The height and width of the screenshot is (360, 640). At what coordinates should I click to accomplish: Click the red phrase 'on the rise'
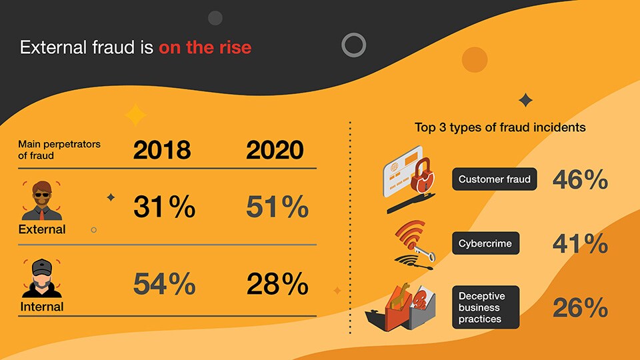coord(205,48)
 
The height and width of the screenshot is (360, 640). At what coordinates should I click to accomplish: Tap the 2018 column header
coord(161,150)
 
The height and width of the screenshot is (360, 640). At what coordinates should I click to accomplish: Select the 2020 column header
coord(275,150)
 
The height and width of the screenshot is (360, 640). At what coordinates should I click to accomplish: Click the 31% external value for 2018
coord(164,207)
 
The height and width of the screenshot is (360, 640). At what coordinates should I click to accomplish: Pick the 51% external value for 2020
coord(277,207)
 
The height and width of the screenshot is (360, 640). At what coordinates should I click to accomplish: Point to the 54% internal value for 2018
coord(164,285)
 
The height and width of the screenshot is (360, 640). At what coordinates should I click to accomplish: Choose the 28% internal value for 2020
coord(277,285)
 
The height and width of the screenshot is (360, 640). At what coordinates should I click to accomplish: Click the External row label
coord(41,229)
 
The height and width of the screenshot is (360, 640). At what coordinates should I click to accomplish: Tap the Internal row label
coord(41,307)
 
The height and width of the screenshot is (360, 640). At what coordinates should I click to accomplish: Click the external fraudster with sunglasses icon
coord(41,199)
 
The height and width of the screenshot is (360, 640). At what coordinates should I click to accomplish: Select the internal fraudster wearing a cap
coord(41,277)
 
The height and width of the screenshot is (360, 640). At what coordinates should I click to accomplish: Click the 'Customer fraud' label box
coord(494,179)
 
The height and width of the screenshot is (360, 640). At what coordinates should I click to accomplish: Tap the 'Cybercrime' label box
coord(485,244)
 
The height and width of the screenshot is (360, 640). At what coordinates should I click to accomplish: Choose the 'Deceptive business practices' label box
coord(485,307)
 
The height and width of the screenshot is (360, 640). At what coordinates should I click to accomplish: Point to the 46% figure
coord(580,179)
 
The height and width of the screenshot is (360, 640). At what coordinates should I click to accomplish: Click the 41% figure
coord(580,244)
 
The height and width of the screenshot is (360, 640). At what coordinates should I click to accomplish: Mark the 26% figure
coord(580,307)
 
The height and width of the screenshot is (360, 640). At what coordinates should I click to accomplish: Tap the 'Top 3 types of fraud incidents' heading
coord(500,127)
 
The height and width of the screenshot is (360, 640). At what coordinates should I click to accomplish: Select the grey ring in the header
coord(353,45)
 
